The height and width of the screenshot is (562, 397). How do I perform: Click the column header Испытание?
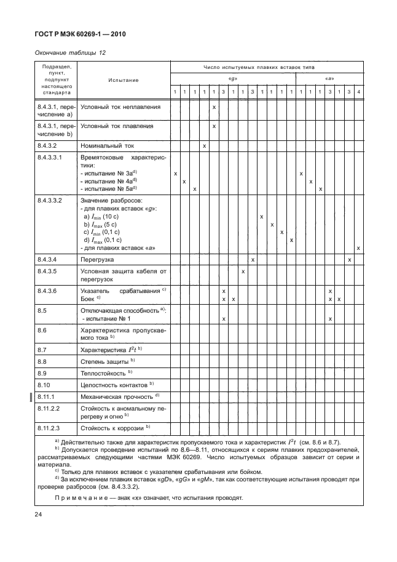pyautogui.click(x=123, y=80)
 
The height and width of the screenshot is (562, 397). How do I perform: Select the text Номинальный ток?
pyautogui.click(x=108, y=146)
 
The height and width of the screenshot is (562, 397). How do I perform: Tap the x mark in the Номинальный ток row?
pyautogui.click(x=203, y=146)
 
